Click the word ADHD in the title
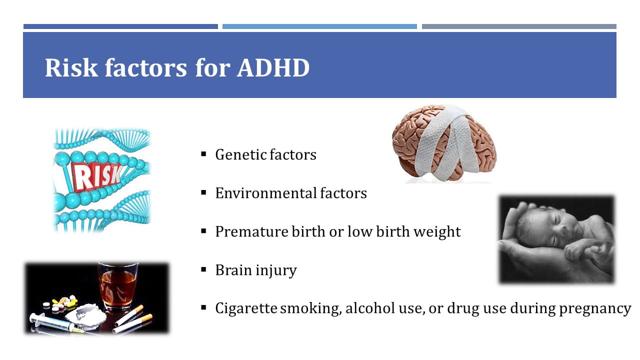273,68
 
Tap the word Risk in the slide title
71,67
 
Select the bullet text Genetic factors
265,154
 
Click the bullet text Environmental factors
291,193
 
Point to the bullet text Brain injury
256,270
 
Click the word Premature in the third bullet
251,231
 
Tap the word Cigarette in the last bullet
246,308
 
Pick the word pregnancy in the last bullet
595,309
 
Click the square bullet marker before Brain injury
203,269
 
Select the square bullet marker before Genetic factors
203,154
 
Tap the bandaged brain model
444,143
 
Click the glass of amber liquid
118,285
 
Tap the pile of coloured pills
61,303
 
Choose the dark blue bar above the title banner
120,26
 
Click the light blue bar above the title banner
319,26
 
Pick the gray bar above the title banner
519,26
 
